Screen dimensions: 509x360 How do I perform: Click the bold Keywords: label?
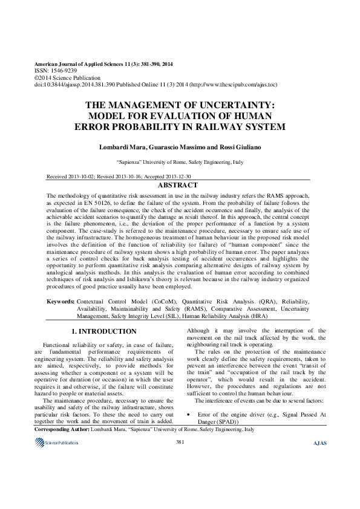click(x=61, y=301)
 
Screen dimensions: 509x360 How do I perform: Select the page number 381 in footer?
click(x=180, y=443)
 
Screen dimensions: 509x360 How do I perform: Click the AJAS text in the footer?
click(x=319, y=443)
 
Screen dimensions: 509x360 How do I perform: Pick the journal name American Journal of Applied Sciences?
click(x=79, y=63)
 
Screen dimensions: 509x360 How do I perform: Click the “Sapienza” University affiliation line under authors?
click(x=180, y=163)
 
